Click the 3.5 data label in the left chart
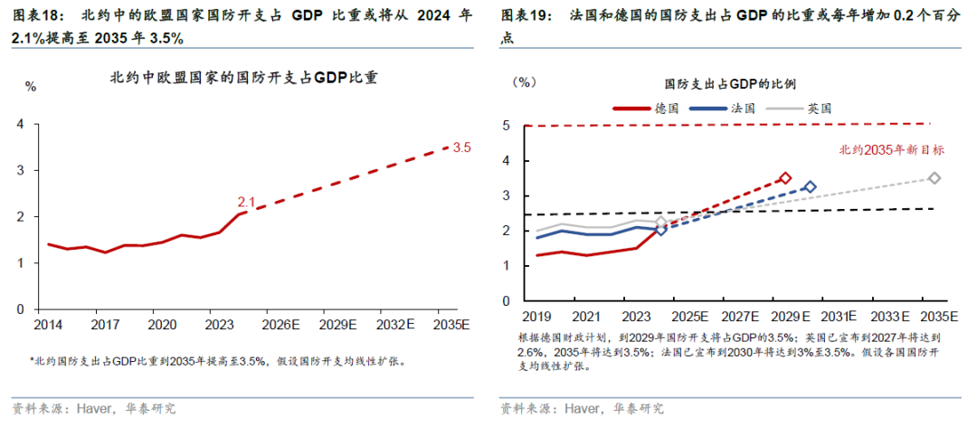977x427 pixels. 461,147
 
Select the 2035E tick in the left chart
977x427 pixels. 451,324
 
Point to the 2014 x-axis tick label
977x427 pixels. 49,324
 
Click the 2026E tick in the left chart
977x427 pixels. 275,324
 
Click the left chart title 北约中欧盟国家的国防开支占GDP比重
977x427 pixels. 242,78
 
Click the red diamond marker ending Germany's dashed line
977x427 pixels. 784,178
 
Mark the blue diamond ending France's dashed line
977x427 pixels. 810,186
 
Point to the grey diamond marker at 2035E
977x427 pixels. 934,178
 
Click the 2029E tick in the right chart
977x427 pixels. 789,316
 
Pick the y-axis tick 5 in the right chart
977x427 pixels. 507,126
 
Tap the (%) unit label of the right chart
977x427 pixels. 526,81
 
